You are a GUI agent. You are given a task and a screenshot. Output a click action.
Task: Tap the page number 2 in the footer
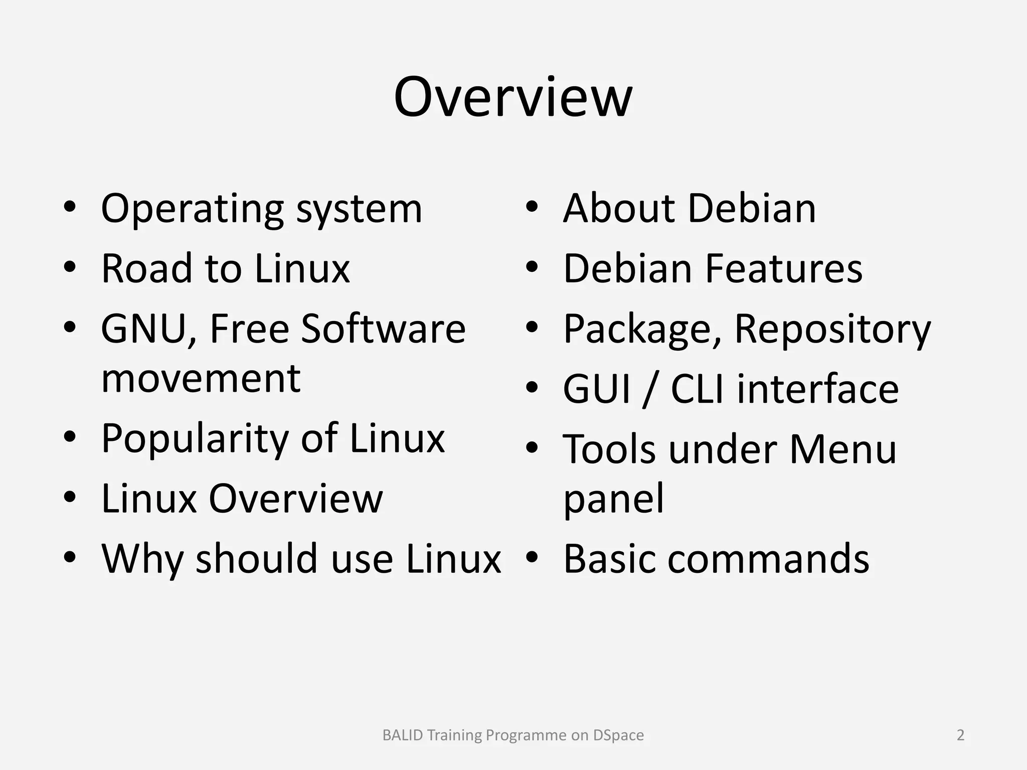click(960, 735)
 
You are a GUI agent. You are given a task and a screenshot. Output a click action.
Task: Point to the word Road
click(147, 268)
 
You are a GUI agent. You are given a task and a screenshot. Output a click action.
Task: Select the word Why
click(142, 559)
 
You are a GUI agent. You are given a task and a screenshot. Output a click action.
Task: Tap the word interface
click(817, 389)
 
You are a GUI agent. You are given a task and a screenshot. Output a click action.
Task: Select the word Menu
click(842, 448)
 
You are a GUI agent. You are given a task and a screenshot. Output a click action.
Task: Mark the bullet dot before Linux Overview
click(70, 497)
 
